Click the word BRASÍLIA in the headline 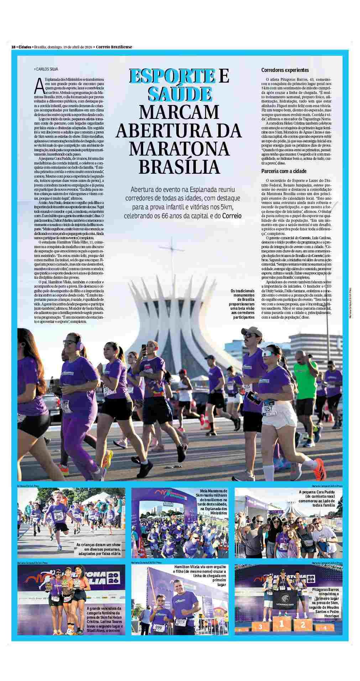pos(179,166)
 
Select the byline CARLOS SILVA pos(46,69)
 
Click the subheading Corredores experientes pos(285,70)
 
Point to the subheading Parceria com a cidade pos(284,171)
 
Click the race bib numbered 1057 pos(268,409)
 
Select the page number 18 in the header pos(13,47)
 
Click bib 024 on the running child pos(59,517)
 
